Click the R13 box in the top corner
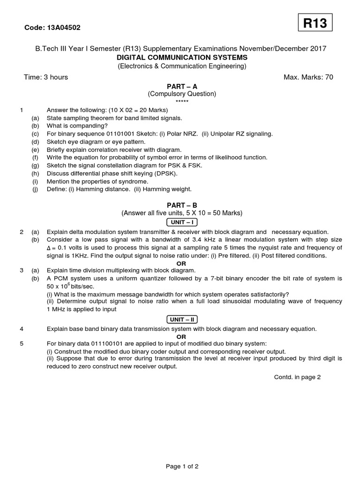click(x=315, y=23)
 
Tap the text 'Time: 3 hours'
click(x=46, y=77)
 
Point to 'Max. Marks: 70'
click(x=308, y=77)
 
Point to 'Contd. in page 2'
click(x=297, y=377)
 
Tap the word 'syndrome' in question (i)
click(x=134, y=181)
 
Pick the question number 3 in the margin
click(x=22, y=270)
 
